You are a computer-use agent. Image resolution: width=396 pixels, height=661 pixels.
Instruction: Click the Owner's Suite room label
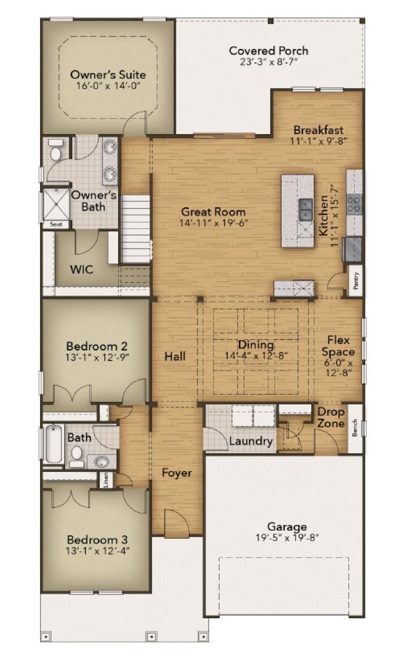[x=108, y=75]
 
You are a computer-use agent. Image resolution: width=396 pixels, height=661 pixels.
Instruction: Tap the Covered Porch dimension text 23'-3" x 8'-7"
[x=269, y=62]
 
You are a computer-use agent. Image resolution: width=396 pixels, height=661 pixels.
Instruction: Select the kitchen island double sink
[x=305, y=210]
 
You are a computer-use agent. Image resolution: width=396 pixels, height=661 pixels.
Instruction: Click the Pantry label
[x=356, y=280]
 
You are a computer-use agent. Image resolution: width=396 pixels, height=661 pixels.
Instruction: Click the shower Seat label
[x=56, y=224]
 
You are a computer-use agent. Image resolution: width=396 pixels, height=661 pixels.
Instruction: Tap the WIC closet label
[x=82, y=270]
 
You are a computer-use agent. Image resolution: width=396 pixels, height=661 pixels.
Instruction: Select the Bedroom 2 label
[x=97, y=346]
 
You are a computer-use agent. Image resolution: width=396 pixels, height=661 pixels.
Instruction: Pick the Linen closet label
[x=106, y=479]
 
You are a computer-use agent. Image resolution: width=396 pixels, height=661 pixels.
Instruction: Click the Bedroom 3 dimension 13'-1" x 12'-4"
[x=97, y=550]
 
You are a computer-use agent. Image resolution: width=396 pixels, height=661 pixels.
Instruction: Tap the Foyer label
[x=177, y=473]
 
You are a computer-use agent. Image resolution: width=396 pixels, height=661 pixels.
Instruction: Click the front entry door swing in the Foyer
[x=174, y=522]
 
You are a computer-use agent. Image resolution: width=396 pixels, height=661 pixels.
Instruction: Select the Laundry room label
[x=251, y=441]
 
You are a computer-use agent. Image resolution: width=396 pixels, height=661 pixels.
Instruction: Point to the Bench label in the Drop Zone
[x=355, y=428]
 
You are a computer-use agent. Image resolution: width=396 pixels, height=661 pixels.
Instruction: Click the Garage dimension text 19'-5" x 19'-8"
[x=287, y=537]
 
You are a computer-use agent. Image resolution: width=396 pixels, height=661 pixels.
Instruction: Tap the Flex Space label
[x=338, y=346]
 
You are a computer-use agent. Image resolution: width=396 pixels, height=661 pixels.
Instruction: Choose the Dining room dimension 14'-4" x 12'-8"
[x=256, y=356]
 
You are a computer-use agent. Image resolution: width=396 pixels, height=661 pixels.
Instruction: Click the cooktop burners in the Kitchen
[x=354, y=203]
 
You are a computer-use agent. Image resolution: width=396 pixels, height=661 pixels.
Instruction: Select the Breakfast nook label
[x=319, y=130]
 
